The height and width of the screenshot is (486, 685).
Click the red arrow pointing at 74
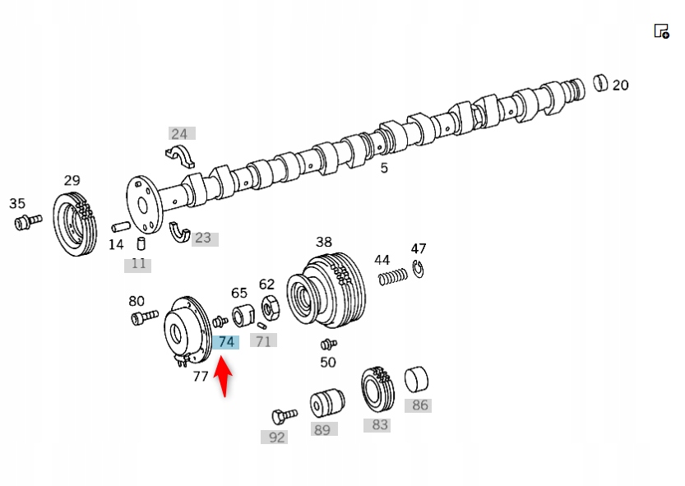(224, 377)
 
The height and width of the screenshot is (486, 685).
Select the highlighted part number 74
(225, 341)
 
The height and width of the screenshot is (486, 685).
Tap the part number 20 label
(620, 85)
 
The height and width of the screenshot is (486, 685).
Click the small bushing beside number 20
(600, 82)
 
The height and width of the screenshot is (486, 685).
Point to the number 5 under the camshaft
(383, 169)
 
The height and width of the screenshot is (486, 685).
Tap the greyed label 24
(178, 133)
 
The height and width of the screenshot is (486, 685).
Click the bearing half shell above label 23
(178, 230)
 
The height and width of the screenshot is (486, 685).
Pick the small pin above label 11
(141, 243)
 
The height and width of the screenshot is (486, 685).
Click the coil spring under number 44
(393, 277)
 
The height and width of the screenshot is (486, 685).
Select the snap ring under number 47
(418, 269)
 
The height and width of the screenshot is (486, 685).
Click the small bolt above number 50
(328, 343)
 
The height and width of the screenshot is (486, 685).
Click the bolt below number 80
(143, 317)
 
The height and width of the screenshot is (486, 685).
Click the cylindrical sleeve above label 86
(417, 380)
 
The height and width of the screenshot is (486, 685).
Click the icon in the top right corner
(661, 31)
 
